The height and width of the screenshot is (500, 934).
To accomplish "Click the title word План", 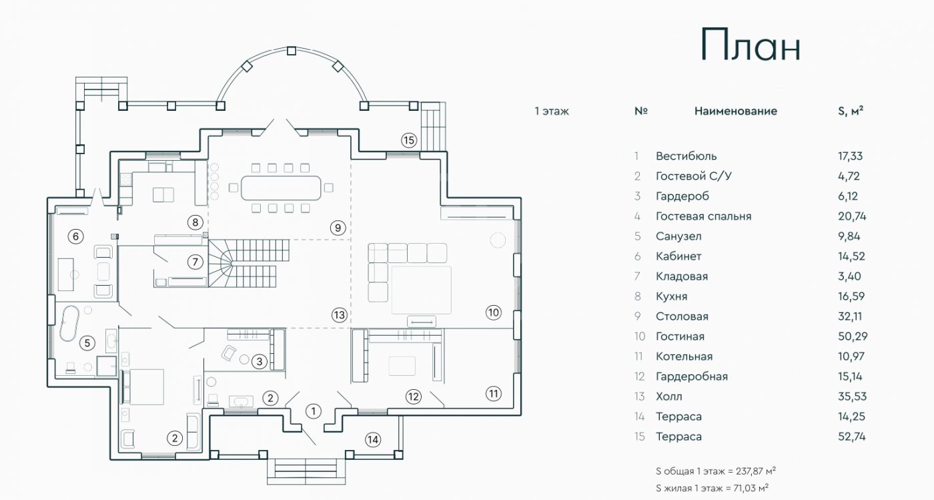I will click(x=750, y=46).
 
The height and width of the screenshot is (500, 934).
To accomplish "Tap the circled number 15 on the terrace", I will click(x=408, y=140).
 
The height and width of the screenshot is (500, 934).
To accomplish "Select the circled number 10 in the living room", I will click(x=492, y=312).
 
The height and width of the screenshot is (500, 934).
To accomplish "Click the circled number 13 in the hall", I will click(x=340, y=314).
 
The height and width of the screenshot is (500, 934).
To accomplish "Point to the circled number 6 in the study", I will click(x=75, y=236).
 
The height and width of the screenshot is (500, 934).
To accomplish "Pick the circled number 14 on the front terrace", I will click(x=372, y=439).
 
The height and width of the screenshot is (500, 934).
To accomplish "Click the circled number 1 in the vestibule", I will click(x=313, y=411).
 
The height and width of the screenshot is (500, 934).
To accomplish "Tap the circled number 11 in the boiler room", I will click(x=492, y=393).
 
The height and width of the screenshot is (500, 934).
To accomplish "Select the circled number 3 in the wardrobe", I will click(x=260, y=362).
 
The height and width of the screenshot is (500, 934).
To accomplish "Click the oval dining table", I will click(x=280, y=188).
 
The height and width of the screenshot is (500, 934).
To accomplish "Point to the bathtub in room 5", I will click(x=70, y=323).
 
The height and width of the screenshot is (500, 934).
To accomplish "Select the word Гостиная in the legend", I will click(x=680, y=336).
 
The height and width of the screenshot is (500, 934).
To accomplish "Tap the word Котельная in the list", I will click(x=684, y=356).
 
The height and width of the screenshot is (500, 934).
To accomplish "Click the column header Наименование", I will click(x=735, y=111).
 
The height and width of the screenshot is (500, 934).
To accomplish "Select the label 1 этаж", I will click(x=552, y=111).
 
